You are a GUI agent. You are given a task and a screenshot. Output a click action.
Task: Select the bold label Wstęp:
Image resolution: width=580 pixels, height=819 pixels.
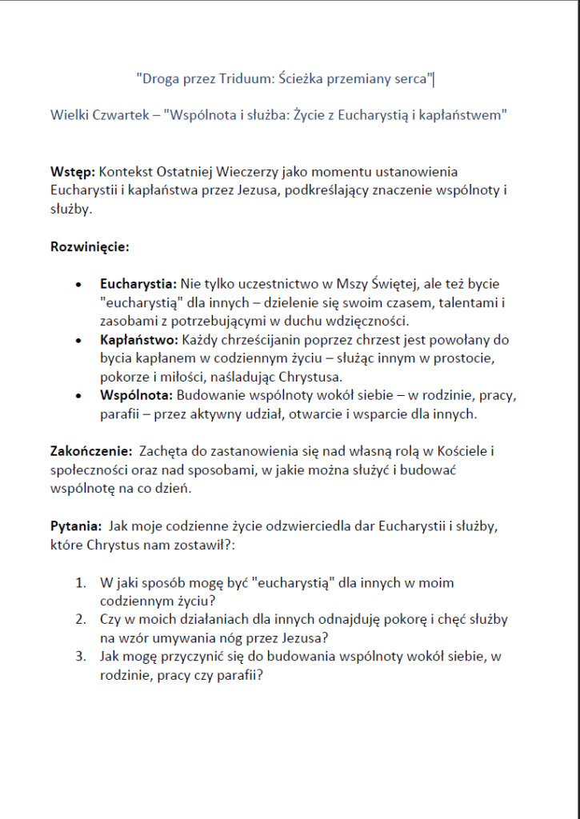(x=73, y=172)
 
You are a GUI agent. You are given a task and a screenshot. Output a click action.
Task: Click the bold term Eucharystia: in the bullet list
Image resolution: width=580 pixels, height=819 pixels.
(x=138, y=284)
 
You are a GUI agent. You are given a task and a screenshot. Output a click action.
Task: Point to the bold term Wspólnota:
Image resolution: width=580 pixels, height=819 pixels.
(x=136, y=396)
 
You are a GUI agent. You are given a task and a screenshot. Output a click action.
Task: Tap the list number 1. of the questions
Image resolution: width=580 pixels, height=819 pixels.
(x=81, y=583)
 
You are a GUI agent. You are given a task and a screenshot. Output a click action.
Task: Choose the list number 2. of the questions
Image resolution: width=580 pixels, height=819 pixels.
(x=81, y=620)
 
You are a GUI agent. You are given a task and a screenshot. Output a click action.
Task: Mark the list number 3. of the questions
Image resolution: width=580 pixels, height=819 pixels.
(x=81, y=657)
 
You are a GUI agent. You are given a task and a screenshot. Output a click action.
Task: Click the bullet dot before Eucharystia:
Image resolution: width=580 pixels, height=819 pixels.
(x=78, y=285)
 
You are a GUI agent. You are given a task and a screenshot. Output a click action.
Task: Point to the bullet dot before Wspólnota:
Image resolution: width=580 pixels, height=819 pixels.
(x=78, y=397)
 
